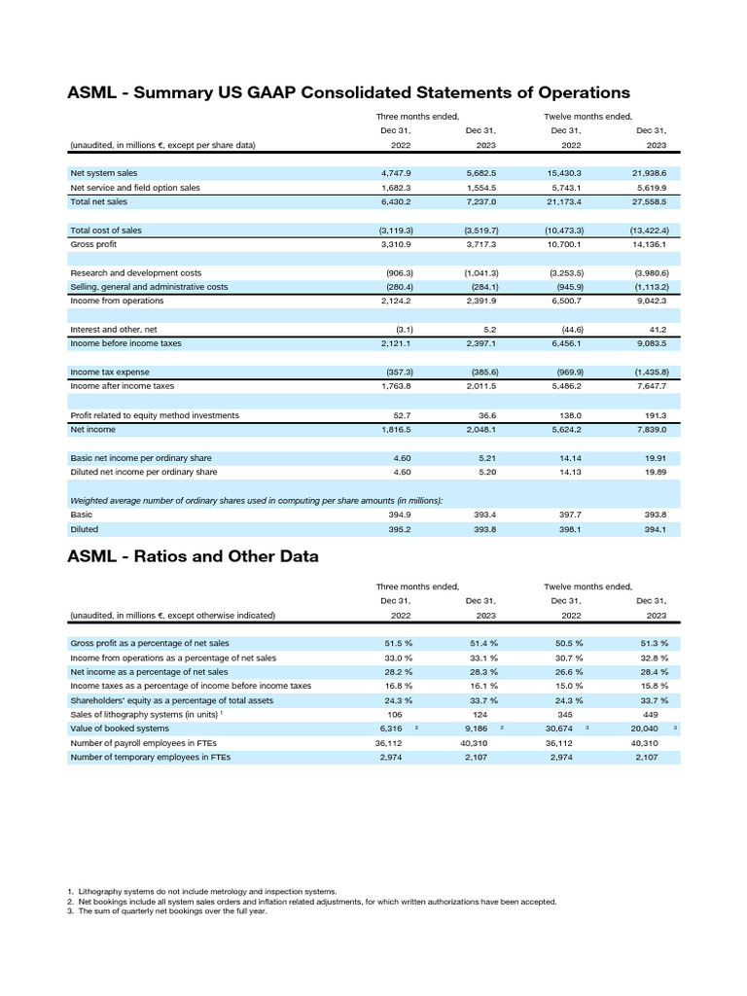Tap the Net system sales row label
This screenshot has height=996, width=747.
(x=104, y=173)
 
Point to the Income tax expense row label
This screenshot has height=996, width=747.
(x=110, y=373)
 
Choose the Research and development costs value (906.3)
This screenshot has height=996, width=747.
(x=400, y=273)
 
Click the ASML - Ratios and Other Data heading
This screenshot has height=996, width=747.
(x=193, y=556)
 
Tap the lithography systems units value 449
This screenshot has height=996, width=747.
(x=661, y=714)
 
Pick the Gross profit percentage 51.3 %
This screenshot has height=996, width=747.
(x=658, y=643)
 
